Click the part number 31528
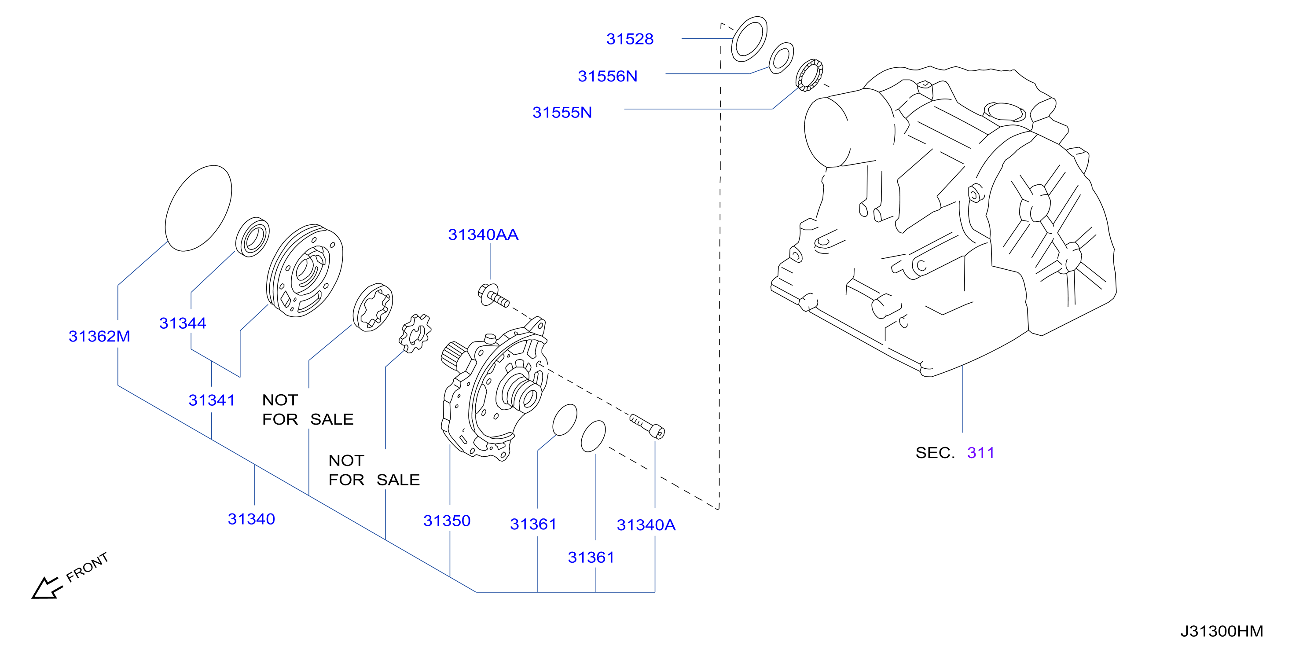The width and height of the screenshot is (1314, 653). click(x=629, y=39)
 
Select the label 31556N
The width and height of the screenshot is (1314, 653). click(x=608, y=76)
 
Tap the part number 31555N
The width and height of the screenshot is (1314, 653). click(x=562, y=112)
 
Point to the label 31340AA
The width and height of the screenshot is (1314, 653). click(x=483, y=234)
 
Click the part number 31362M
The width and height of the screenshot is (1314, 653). click(x=99, y=336)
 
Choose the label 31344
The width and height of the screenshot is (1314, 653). click(x=183, y=323)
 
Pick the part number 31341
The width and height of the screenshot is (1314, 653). click(x=212, y=400)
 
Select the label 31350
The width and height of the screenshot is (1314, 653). click(x=447, y=521)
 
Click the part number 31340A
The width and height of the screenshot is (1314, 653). click(x=646, y=525)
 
